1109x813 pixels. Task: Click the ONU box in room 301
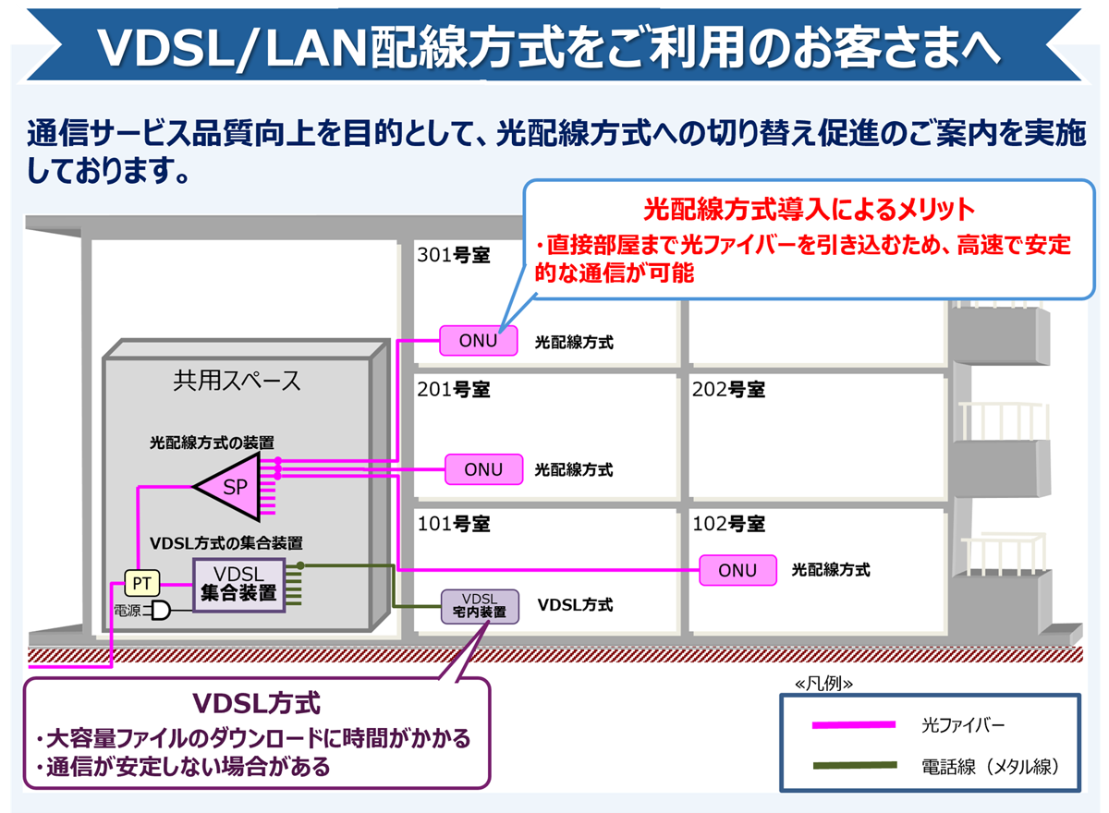pos(478,341)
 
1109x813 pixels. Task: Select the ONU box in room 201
pos(483,469)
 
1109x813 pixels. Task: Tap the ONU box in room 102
pos(737,570)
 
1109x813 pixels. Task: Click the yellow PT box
pos(142,583)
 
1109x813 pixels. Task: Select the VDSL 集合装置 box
pos(238,584)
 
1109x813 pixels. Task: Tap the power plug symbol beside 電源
pos(161,611)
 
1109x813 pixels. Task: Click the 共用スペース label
pos(238,381)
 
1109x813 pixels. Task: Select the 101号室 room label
pos(454,524)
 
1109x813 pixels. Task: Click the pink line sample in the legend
pos(854,724)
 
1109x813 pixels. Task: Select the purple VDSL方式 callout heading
pos(256,703)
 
